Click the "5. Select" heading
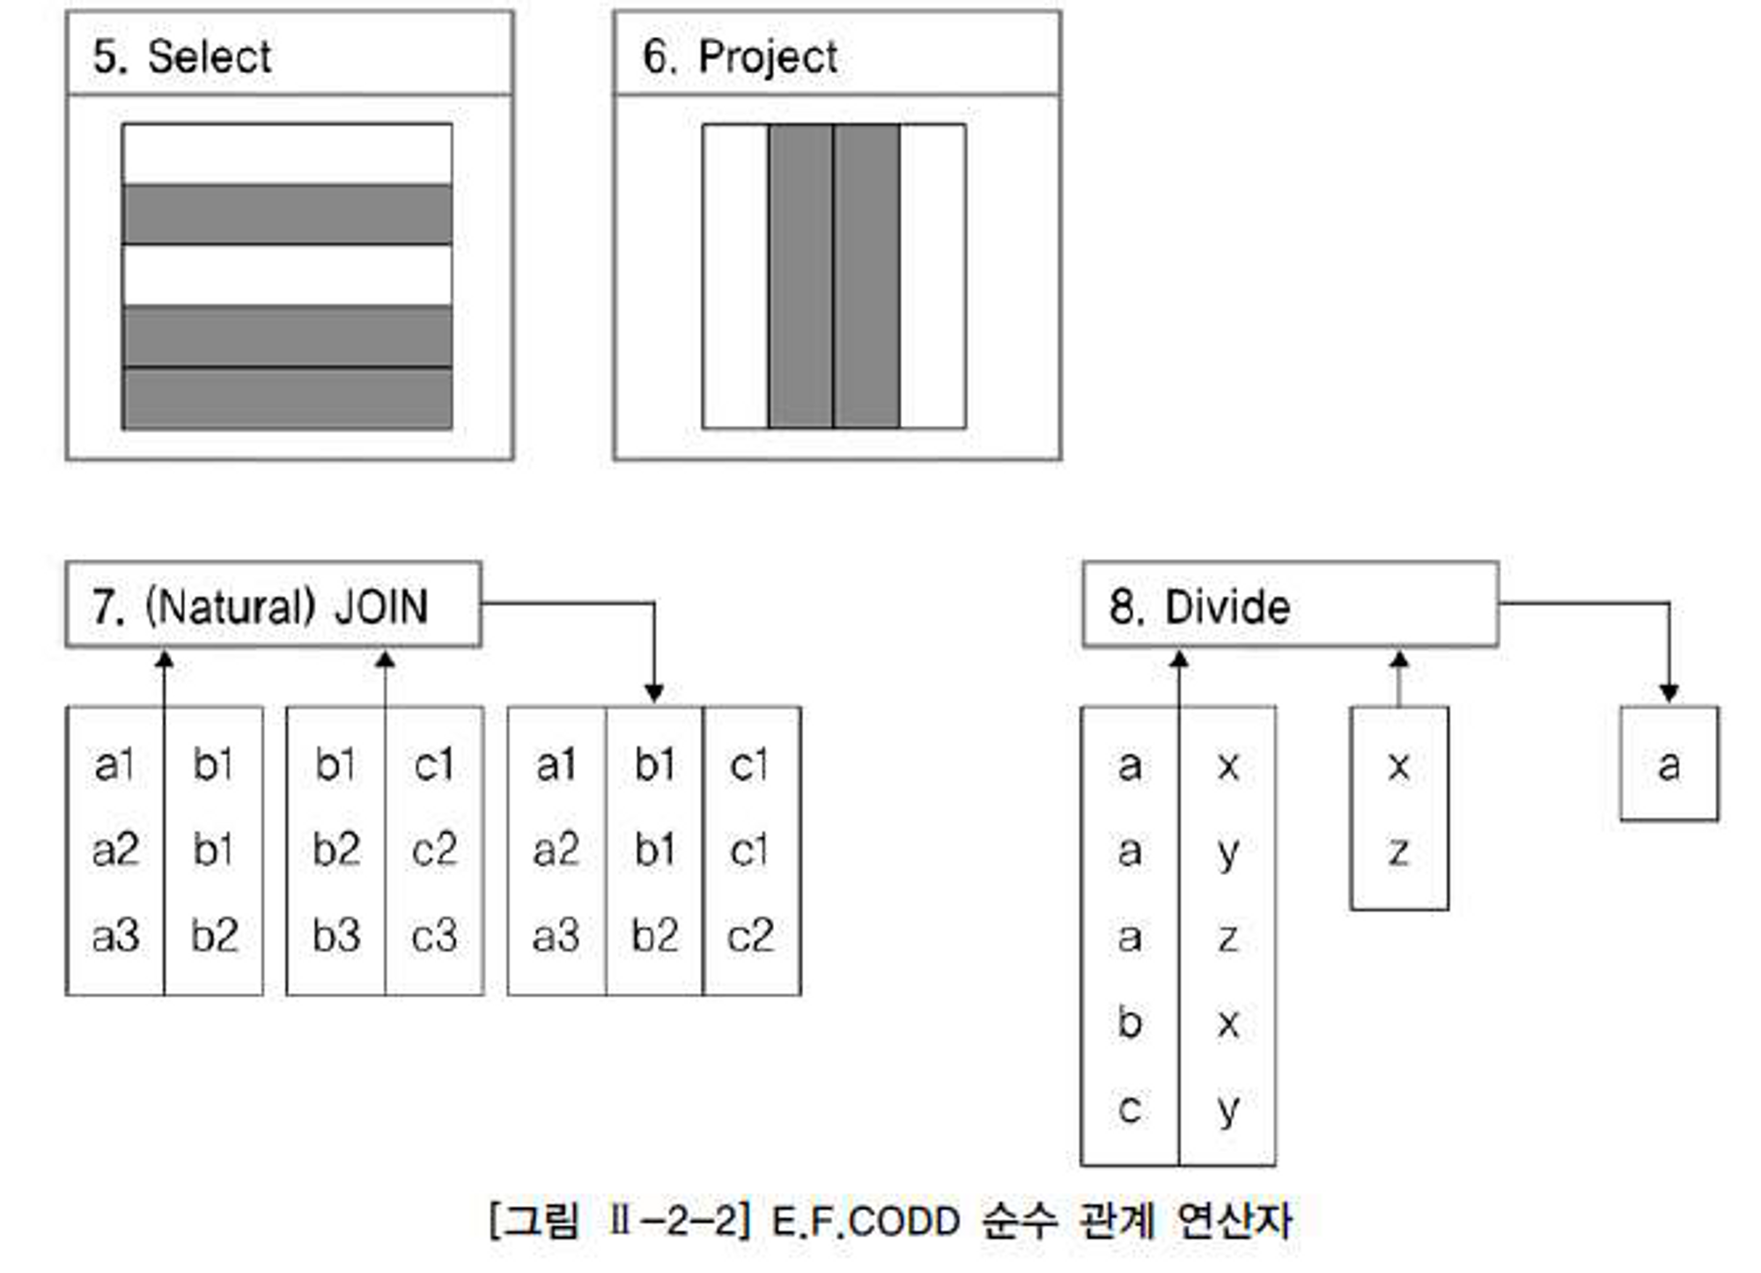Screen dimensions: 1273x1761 tap(182, 57)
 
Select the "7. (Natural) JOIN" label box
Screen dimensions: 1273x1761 tap(273, 606)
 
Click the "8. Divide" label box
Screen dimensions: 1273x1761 tap(1289, 606)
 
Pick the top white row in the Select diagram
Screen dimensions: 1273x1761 tap(287, 154)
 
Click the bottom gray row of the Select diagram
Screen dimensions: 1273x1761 tap(287, 399)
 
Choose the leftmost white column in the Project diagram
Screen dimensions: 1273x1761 tap(735, 276)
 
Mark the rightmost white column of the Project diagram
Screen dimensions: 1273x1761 tap(932, 276)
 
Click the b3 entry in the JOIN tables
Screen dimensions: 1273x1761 tap(336, 935)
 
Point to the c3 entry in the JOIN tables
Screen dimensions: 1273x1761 tap(434, 935)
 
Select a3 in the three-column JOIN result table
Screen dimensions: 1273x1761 tap(556, 935)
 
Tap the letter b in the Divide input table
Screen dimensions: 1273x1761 tap(1130, 1022)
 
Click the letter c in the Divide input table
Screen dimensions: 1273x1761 tap(1130, 1108)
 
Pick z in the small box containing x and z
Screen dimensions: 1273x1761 tap(1398, 851)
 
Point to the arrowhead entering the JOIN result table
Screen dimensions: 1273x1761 tap(653, 694)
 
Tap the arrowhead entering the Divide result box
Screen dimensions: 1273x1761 tap(1669, 694)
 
